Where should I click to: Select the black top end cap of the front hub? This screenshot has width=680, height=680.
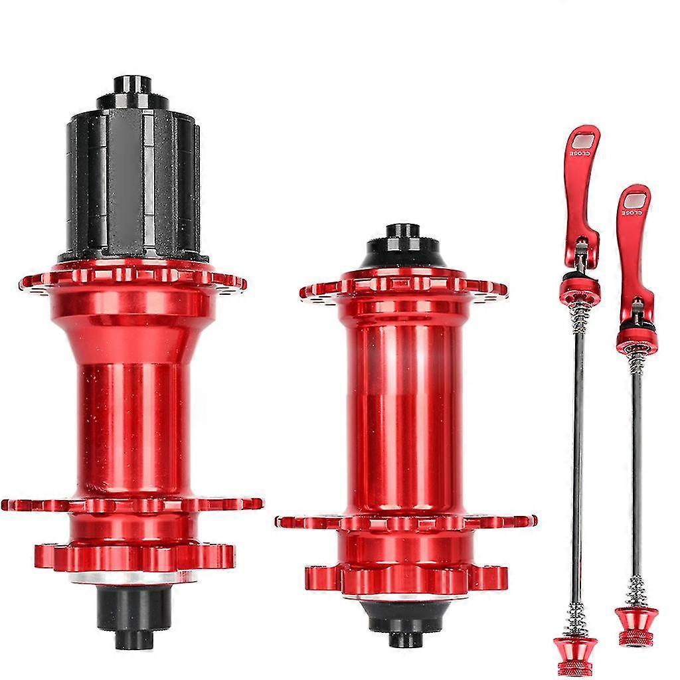pos(403,245)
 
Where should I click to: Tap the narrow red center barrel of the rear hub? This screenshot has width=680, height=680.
pos(135,430)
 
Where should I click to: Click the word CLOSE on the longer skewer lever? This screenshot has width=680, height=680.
pos(580,153)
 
